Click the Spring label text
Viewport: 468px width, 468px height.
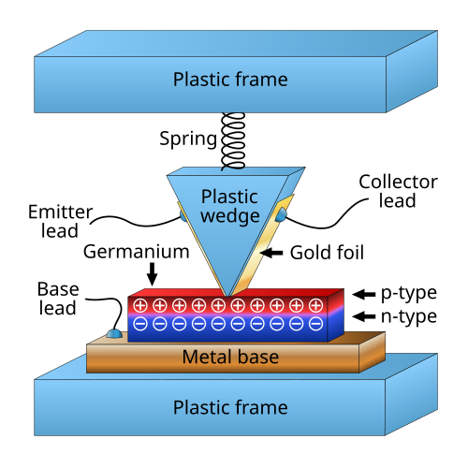pos(188,139)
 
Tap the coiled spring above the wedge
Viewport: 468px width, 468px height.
pos(233,141)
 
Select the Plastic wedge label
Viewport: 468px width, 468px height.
pos(230,207)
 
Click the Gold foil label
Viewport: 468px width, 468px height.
pos(327,253)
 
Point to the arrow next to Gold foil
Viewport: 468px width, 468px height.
pos(271,253)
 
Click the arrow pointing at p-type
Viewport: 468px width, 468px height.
pos(364,294)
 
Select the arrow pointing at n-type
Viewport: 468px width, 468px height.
pos(364,316)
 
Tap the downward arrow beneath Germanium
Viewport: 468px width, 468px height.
pos(152,274)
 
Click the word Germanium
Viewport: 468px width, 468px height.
pos(137,252)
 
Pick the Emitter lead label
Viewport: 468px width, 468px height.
pos(60,221)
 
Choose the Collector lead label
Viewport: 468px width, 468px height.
pos(398,191)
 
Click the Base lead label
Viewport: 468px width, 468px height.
pos(58,299)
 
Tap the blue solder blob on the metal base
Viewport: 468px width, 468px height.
pos(114,334)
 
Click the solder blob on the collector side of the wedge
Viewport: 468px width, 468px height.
pos(281,214)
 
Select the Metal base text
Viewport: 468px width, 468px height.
pos(230,357)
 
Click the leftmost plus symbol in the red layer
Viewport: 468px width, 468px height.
pos(140,305)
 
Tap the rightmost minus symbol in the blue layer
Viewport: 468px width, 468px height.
pos(315,324)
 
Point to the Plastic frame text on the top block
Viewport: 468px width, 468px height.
pos(230,80)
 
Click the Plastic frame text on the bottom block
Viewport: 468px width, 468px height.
pos(230,407)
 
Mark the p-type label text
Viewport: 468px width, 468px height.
pos(409,294)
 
